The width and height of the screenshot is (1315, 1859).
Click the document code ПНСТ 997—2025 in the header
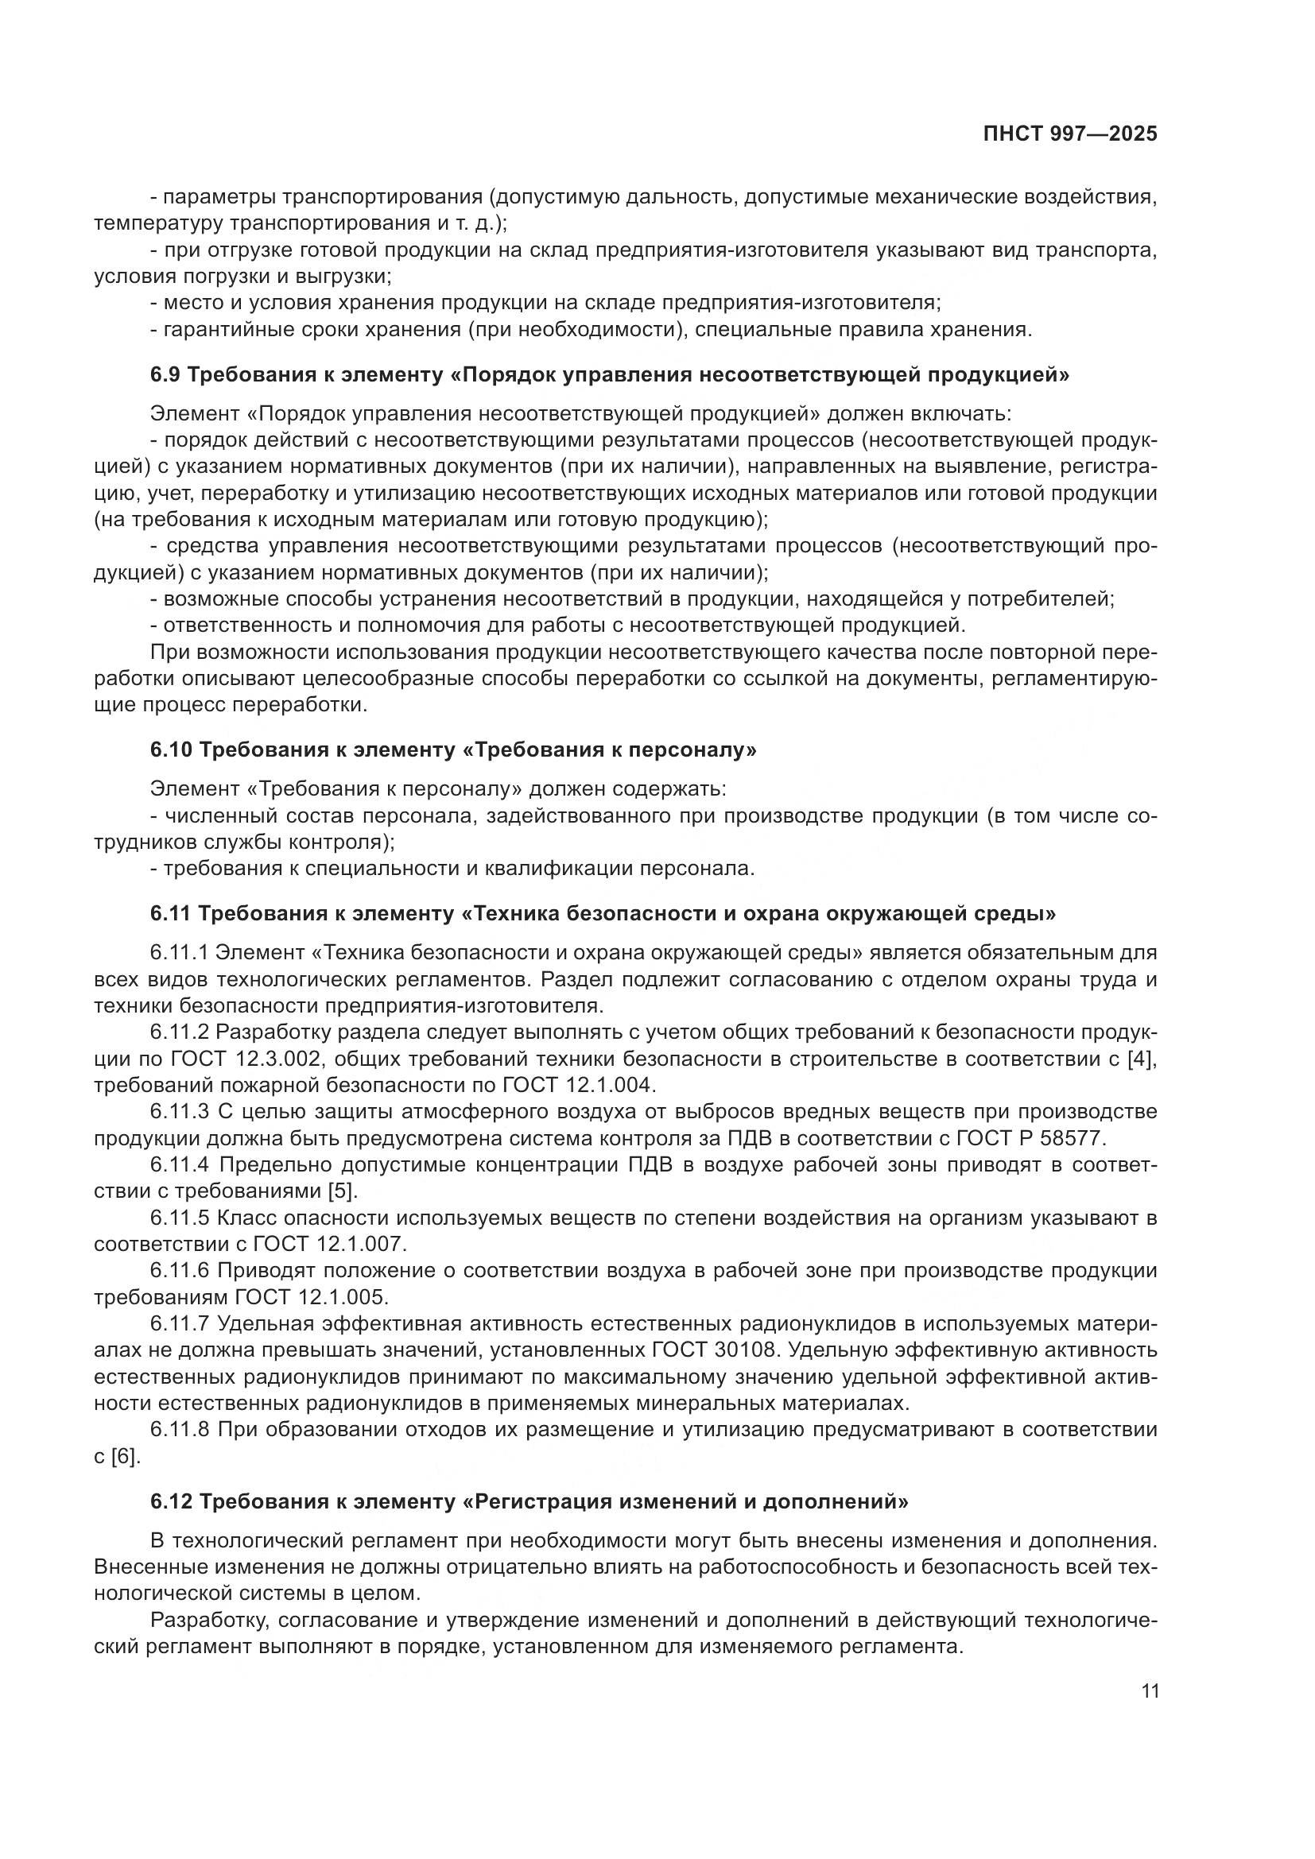[1069, 134]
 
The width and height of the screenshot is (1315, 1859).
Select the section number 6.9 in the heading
[168, 375]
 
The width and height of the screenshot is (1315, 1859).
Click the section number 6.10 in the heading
[171, 749]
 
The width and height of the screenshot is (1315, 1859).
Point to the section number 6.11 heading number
[170, 914]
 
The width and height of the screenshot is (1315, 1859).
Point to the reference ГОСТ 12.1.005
[312, 1297]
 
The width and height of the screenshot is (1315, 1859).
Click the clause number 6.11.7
[180, 1324]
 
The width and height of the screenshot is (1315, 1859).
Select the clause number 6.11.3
[180, 1112]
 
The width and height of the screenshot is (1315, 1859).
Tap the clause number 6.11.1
[179, 953]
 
